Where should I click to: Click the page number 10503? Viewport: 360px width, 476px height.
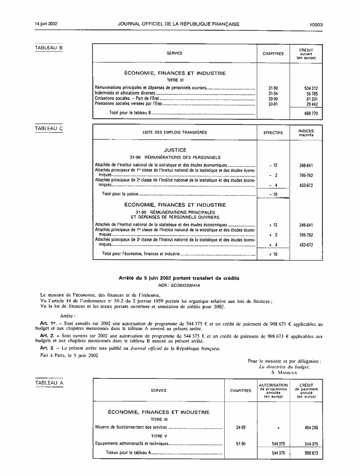(x=316, y=24)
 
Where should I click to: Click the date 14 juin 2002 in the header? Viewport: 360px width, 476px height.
(x=47, y=24)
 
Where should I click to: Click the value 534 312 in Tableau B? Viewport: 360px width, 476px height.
(x=311, y=88)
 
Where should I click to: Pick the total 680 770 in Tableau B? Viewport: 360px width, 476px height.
(x=311, y=113)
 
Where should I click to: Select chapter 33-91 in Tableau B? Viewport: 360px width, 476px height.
(x=273, y=103)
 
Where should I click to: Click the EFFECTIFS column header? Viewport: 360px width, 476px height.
(x=273, y=132)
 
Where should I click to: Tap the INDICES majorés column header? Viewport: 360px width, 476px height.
(x=306, y=132)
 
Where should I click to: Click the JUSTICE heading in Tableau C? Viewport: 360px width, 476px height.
(x=175, y=150)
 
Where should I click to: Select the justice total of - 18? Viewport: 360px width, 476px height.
(x=273, y=194)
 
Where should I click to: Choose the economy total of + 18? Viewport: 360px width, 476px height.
(x=273, y=253)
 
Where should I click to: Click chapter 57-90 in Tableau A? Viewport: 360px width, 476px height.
(x=241, y=444)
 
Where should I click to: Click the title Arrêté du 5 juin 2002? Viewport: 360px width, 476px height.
(x=179, y=278)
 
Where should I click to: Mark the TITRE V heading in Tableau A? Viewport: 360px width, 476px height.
(x=159, y=436)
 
